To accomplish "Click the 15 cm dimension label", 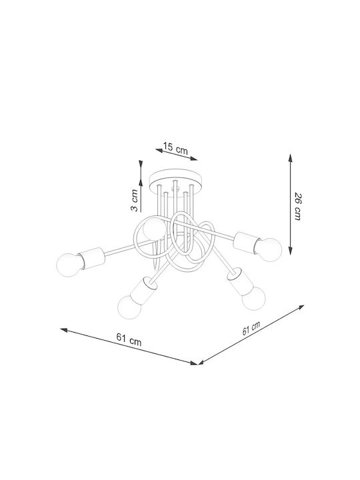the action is pyautogui.click(x=175, y=148).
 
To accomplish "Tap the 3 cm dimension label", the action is pyautogui.click(x=135, y=201).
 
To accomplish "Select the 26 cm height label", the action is pyautogui.click(x=298, y=207).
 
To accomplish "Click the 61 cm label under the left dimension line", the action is pyautogui.click(x=129, y=340).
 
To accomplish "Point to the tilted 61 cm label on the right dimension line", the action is pyautogui.click(x=251, y=329).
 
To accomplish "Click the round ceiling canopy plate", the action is pyautogui.click(x=175, y=181).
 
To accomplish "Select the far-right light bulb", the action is pyautogui.click(x=269, y=249).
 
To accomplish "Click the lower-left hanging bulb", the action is pyautogui.click(x=130, y=307).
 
